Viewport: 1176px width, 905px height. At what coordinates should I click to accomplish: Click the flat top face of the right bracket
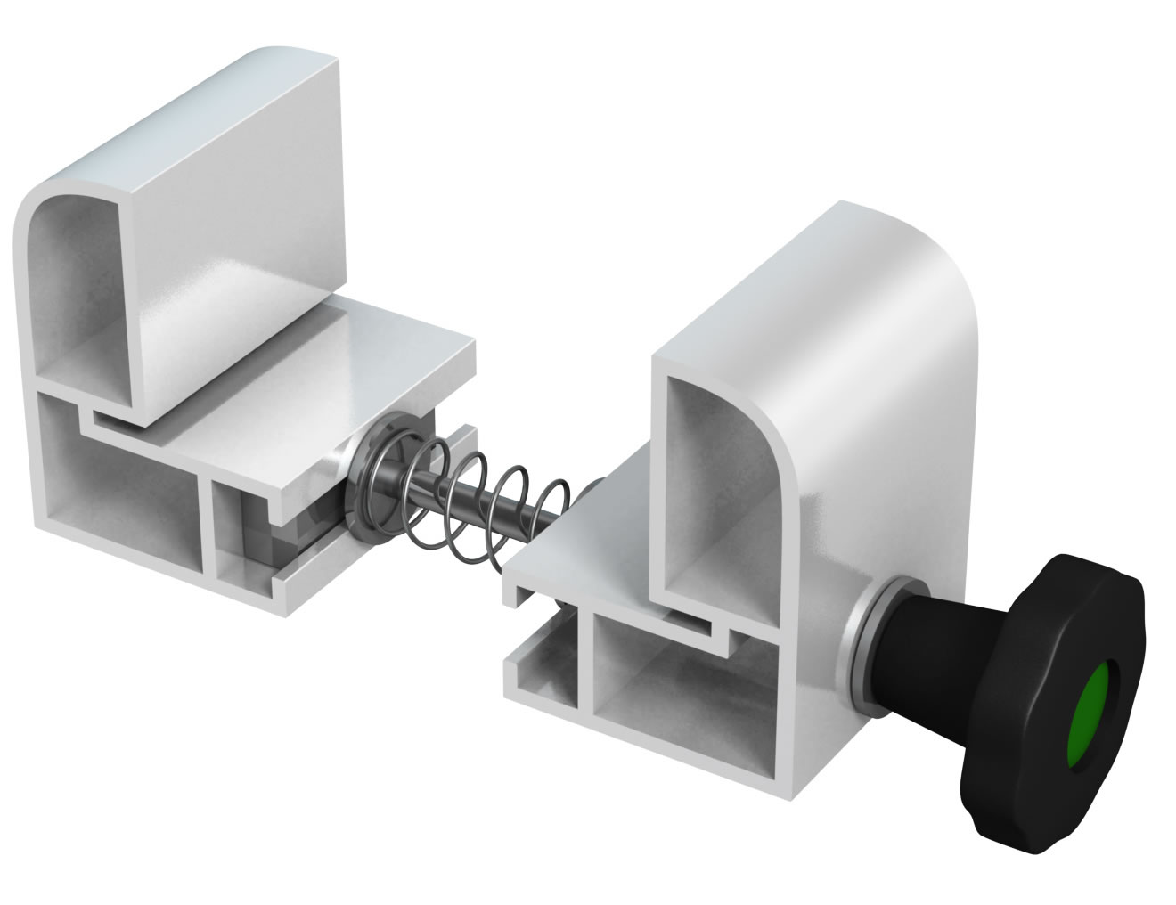pos(766,285)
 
